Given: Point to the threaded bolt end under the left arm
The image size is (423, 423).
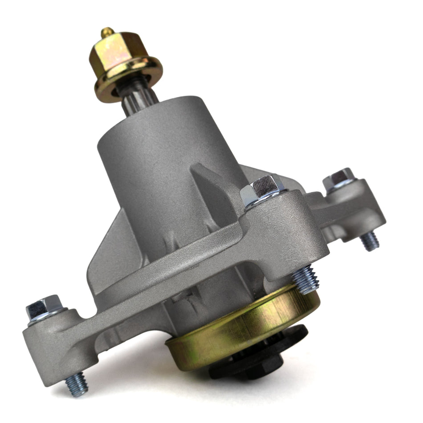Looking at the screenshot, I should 77,384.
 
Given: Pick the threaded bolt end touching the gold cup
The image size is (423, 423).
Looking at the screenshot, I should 306,280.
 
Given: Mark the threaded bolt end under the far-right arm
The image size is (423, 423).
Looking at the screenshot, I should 370,241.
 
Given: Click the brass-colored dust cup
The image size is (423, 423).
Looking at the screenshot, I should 249,329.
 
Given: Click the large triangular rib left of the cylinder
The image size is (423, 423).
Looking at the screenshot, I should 114,249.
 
